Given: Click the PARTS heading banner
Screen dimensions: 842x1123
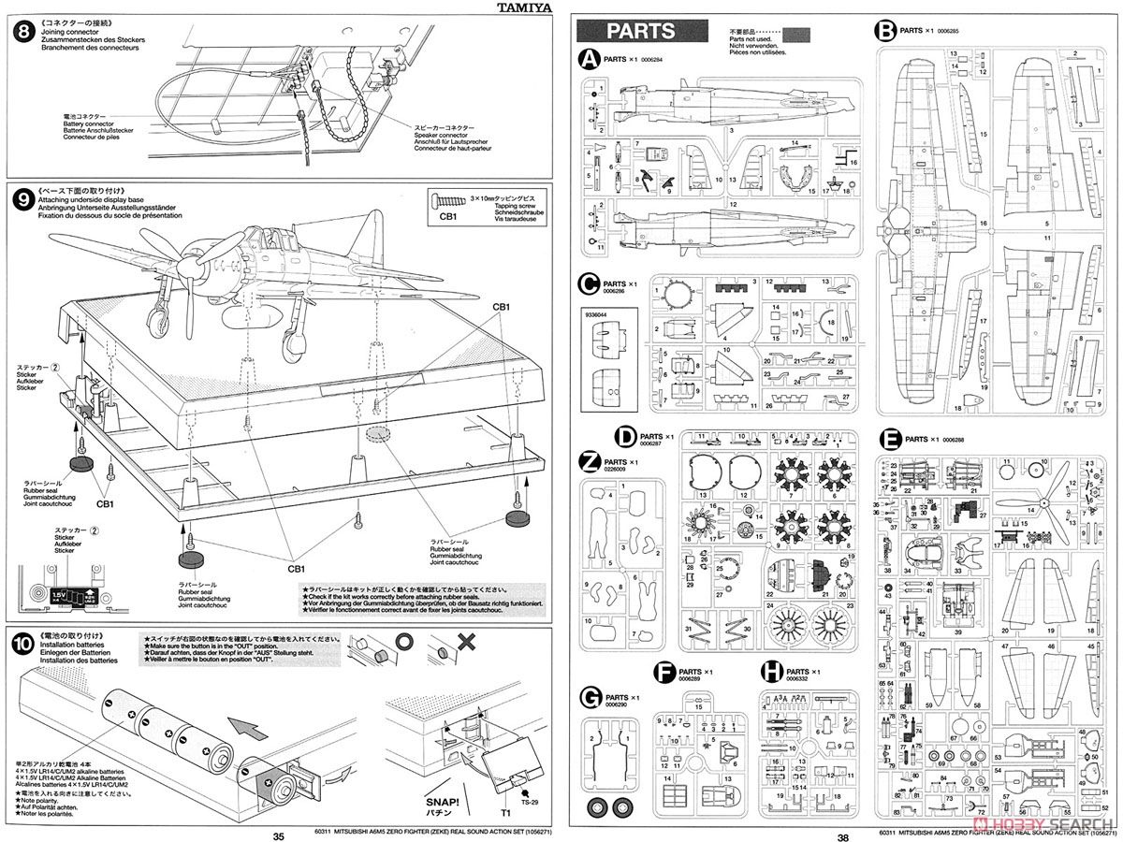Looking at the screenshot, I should pos(640,30).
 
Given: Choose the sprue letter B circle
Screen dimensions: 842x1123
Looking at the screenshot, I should pos(885,31).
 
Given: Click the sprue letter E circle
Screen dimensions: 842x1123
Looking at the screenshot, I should pos(891,439).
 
